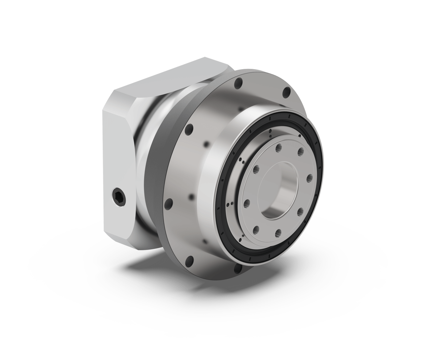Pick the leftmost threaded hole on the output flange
246,203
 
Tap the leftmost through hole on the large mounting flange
169,203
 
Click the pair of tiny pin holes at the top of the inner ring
270,135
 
